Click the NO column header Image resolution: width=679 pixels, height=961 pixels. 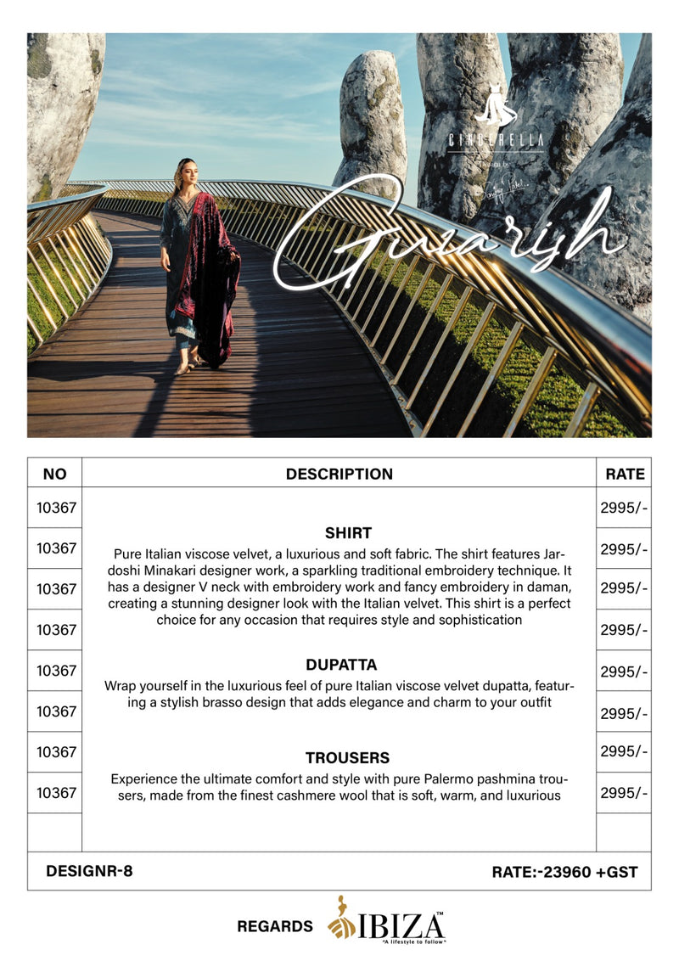[x=54, y=474]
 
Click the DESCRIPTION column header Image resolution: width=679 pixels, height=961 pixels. [x=339, y=474]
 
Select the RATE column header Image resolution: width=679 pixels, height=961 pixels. [x=625, y=474]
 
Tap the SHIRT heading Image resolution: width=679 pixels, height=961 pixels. [x=348, y=533]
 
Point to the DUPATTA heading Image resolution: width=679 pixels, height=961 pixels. [x=341, y=665]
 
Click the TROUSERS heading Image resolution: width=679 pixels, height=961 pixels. [x=348, y=757]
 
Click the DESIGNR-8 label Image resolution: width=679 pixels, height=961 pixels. [x=89, y=870]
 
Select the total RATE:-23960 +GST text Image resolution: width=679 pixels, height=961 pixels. [x=564, y=871]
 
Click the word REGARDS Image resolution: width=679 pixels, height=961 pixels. [x=275, y=926]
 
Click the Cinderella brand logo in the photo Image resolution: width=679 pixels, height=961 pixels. [x=496, y=123]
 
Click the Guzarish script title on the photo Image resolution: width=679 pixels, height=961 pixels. [x=450, y=233]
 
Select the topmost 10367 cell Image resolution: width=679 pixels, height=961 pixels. [x=56, y=508]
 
